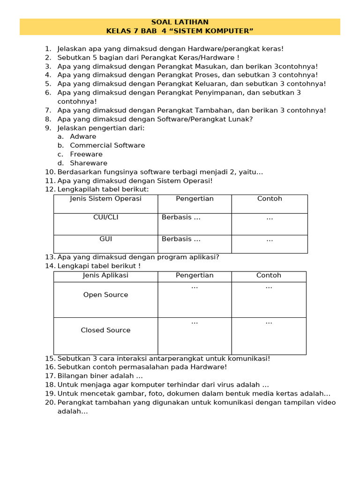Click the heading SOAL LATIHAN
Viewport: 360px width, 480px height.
click(x=180, y=22)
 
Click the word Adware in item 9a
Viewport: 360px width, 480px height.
click(x=83, y=136)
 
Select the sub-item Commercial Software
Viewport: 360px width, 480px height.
click(x=107, y=145)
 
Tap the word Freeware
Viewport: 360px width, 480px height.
click(x=86, y=154)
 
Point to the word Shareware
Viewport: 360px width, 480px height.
click(x=89, y=163)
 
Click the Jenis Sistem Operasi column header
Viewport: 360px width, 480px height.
click(x=105, y=199)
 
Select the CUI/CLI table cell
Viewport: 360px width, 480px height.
click(x=105, y=217)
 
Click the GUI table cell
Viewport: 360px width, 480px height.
click(x=105, y=239)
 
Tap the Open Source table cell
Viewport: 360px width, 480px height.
click(x=105, y=295)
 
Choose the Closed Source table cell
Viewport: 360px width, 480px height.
click(x=105, y=330)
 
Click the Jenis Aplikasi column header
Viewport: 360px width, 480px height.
click(x=105, y=276)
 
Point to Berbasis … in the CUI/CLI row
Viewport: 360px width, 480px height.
click(x=181, y=217)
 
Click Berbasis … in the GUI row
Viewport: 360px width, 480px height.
click(x=181, y=239)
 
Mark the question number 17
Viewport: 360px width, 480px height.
click(x=50, y=376)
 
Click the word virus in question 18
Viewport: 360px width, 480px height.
click(x=215, y=385)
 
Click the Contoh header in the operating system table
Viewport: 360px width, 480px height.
click(x=270, y=199)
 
